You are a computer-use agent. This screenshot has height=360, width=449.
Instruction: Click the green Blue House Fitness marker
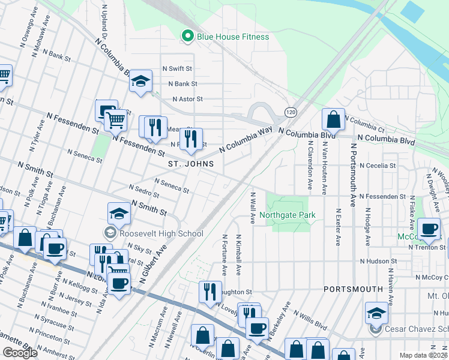(x=187, y=37)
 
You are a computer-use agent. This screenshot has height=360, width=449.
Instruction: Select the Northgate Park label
(x=288, y=215)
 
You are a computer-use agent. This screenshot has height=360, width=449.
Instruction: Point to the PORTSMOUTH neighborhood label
(x=353, y=289)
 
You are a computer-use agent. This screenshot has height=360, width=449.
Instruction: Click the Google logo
(x=20, y=352)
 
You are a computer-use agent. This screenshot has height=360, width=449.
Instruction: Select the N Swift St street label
(x=176, y=69)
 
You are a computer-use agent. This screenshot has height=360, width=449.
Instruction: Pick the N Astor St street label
(x=187, y=99)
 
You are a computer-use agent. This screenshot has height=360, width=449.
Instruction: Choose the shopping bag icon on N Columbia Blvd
(x=333, y=119)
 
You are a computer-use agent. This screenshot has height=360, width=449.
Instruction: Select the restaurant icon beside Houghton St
(x=210, y=291)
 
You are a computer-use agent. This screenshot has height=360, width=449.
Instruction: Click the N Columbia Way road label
(x=246, y=139)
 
